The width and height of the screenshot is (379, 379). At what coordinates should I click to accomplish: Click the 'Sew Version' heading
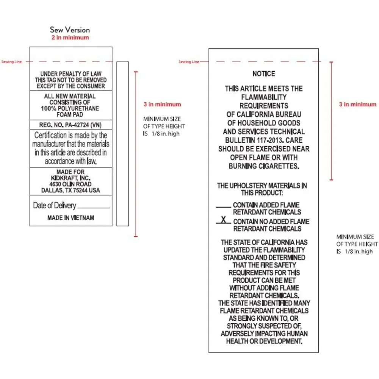tap(70, 30)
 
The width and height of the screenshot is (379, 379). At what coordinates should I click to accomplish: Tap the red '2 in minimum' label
tap(70, 38)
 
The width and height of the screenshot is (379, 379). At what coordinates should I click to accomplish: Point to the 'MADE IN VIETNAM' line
tap(71, 218)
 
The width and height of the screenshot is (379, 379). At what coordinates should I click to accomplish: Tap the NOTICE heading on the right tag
tap(264, 74)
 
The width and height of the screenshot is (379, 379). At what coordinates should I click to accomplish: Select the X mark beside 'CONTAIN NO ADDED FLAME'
tap(224, 220)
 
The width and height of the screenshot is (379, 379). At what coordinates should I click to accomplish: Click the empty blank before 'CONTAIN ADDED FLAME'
tap(223, 207)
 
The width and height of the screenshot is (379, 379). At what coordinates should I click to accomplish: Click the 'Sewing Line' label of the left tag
tap(11, 62)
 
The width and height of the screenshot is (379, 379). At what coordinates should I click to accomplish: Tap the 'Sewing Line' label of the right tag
tap(188, 62)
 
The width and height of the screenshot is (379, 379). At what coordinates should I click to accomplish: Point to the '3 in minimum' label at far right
tap(357, 104)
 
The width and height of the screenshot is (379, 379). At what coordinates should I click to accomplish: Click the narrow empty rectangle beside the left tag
tap(122, 144)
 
